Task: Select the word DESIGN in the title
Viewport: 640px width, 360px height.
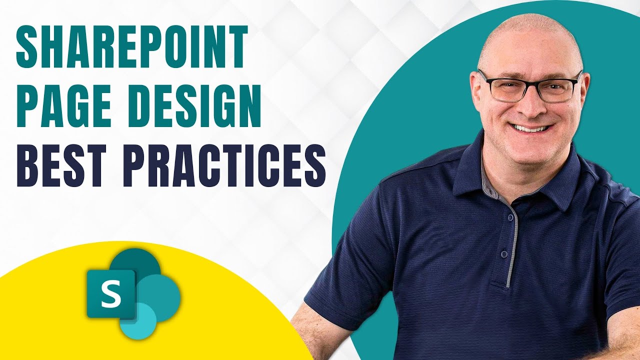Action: point(196,106)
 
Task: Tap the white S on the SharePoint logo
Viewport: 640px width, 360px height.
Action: point(110,294)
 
